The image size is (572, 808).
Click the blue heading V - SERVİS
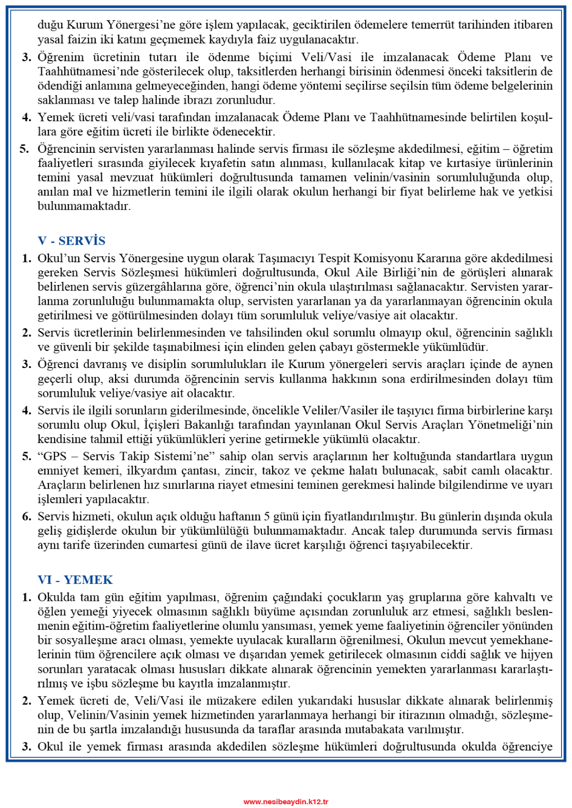[71, 241]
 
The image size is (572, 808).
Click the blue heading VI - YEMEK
[75, 580]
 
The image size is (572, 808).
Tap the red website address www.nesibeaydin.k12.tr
[286, 801]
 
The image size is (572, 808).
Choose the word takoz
[275, 471]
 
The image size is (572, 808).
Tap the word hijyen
[536, 654]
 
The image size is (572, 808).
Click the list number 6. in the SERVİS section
[27, 516]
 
